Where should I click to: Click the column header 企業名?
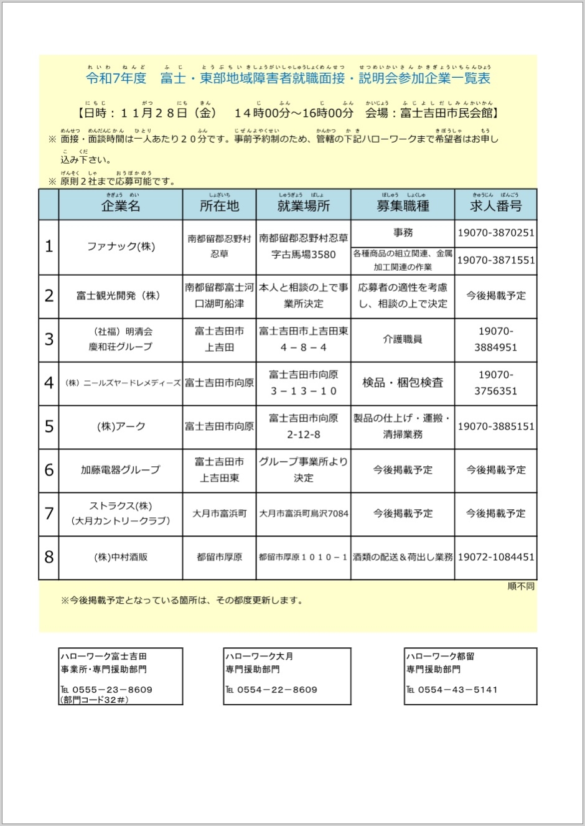[x=121, y=206]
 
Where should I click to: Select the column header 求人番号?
[x=495, y=206]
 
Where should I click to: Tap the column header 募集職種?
[x=403, y=206]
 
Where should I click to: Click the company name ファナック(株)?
[x=121, y=246]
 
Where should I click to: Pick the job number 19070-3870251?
[x=496, y=233]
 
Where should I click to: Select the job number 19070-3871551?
[x=496, y=260]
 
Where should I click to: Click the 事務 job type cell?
[x=403, y=232]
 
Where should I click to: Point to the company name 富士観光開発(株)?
[x=118, y=296]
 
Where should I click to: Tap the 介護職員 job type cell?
[x=403, y=339]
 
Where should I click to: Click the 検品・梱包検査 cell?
[x=403, y=383]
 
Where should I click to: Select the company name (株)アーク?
[x=121, y=426]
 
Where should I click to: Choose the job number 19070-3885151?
[x=496, y=426]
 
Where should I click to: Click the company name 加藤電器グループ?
[x=121, y=470]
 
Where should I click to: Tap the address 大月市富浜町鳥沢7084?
[x=304, y=514]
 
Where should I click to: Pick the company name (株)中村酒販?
[x=121, y=557]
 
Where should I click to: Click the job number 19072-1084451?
[x=496, y=557]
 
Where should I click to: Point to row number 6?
[x=49, y=470]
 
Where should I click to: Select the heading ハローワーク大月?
[x=260, y=656]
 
